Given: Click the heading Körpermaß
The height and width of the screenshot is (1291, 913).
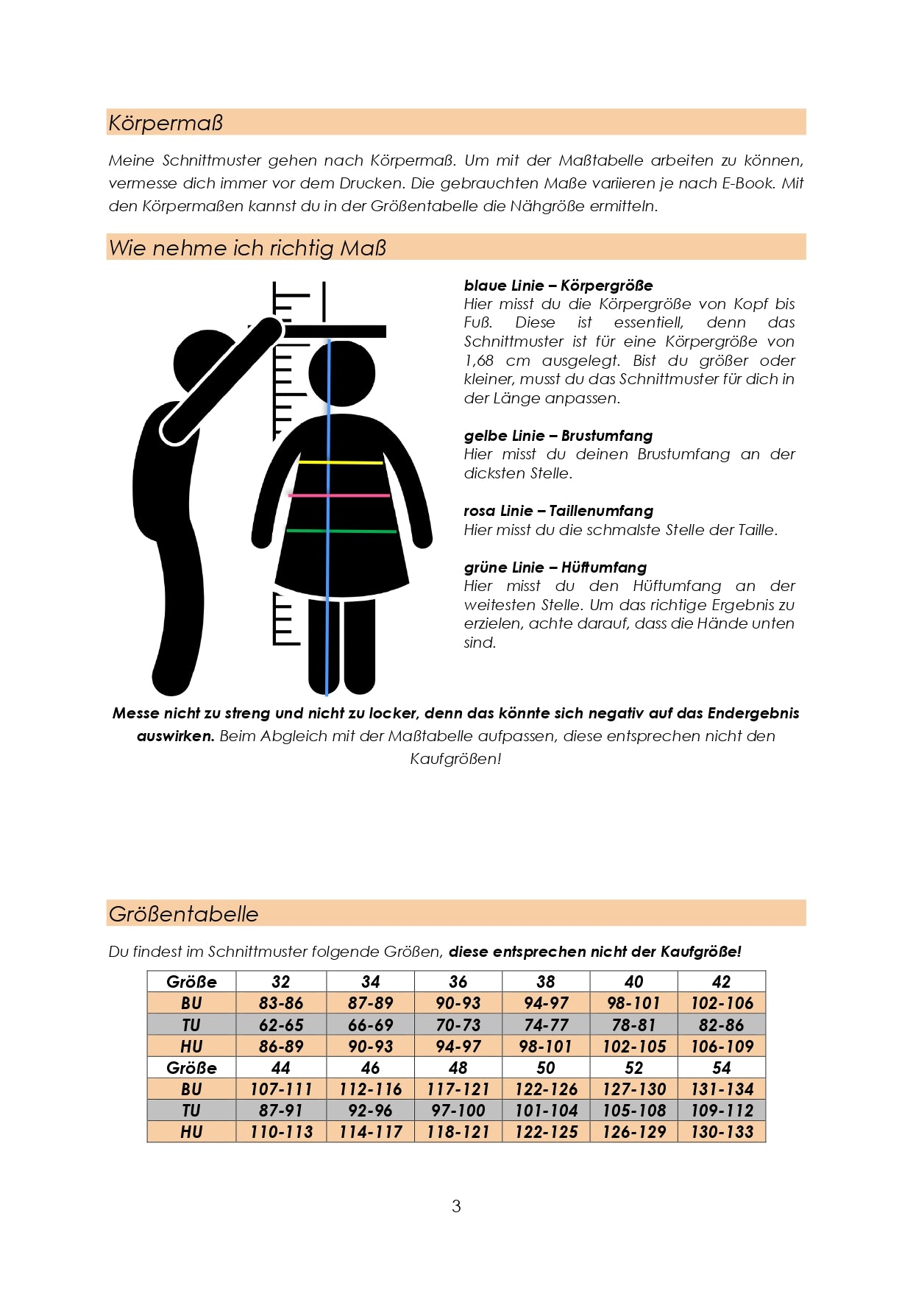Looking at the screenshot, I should (166, 123).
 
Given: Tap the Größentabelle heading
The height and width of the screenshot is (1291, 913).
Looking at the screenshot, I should (183, 914).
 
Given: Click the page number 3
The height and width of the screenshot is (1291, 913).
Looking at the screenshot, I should (456, 1206).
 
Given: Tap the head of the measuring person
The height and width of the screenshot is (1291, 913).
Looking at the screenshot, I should (207, 364).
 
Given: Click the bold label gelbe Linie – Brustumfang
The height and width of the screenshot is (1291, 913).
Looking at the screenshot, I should (558, 436).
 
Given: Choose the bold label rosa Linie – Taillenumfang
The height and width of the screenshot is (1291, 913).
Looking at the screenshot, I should (558, 511).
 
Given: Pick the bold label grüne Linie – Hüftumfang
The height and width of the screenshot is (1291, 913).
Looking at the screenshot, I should (555, 567).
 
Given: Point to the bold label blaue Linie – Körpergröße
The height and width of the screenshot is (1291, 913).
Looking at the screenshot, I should (558, 286).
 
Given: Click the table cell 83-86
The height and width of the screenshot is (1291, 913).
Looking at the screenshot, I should (281, 1003).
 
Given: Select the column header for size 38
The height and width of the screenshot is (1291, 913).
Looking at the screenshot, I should (546, 982).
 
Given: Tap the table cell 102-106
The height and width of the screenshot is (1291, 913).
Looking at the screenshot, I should (722, 1003).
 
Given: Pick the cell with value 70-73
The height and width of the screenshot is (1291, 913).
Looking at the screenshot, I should (458, 1025).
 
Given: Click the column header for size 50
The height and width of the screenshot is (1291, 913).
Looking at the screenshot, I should (546, 1068).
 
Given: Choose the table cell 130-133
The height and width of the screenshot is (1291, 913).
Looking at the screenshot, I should (722, 1132).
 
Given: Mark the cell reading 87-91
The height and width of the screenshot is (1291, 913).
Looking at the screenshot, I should (281, 1111).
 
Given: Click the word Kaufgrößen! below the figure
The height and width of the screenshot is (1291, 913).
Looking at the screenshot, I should (455, 759).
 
